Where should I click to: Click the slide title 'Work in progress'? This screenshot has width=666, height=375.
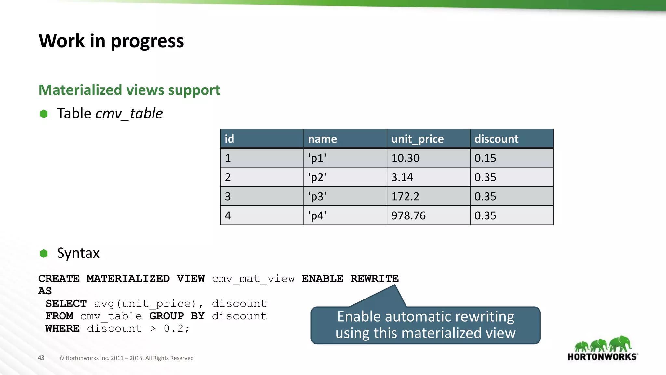pos(111,41)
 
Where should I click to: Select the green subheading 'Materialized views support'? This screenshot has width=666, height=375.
pos(129,90)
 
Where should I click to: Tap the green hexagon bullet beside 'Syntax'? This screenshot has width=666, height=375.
pos(44,253)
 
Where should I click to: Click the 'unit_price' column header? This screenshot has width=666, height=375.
pos(417,139)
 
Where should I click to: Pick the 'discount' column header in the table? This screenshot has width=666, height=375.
pos(496,139)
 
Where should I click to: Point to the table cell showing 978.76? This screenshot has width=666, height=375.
pos(408,215)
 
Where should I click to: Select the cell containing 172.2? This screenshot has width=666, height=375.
pos(405,196)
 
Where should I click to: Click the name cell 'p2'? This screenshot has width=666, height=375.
pos(317,177)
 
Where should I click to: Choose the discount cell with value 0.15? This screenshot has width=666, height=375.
pos(485,158)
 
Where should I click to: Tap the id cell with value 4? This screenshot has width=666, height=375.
pos(228,215)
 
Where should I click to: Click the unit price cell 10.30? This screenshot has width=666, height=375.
pos(405,158)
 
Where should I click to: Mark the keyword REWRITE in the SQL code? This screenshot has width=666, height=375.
pos(374,279)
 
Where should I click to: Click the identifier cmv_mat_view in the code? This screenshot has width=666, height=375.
pos(253,279)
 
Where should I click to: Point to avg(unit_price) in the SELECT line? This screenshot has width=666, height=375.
pos(145,304)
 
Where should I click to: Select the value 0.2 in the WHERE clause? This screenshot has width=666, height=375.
pos(174,329)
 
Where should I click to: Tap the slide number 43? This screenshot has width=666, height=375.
pos(41,358)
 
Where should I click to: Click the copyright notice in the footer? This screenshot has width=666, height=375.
pos(126,358)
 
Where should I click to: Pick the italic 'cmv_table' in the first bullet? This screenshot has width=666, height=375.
pos(129,114)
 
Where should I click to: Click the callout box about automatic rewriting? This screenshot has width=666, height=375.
pos(425,325)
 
